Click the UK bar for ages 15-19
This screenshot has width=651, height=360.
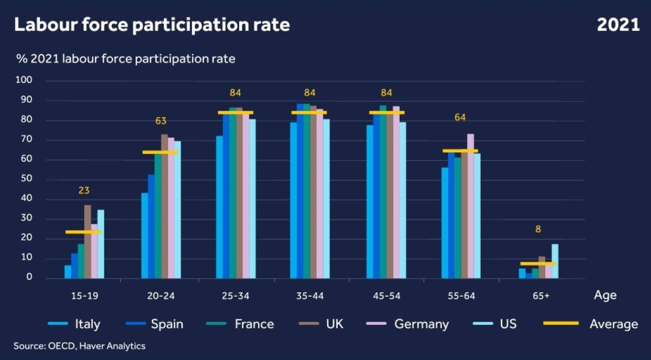[x=87, y=241]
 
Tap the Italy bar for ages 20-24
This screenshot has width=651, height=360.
[x=145, y=235]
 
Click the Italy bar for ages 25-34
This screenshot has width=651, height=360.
[x=220, y=207]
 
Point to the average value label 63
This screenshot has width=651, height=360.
[x=161, y=121]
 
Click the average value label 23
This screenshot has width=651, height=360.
[x=84, y=191]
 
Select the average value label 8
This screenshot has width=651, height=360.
[x=538, y=229]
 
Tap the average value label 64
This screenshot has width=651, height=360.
[x=461, y=117]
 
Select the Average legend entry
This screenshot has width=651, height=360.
[x=614, y=324]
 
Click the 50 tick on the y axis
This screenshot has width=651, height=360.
[x=28, y=179]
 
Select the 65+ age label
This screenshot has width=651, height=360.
[x=538, y=295]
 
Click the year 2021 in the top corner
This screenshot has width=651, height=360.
[x=618, y=25]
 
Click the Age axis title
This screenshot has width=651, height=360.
[x=605, y=295]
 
